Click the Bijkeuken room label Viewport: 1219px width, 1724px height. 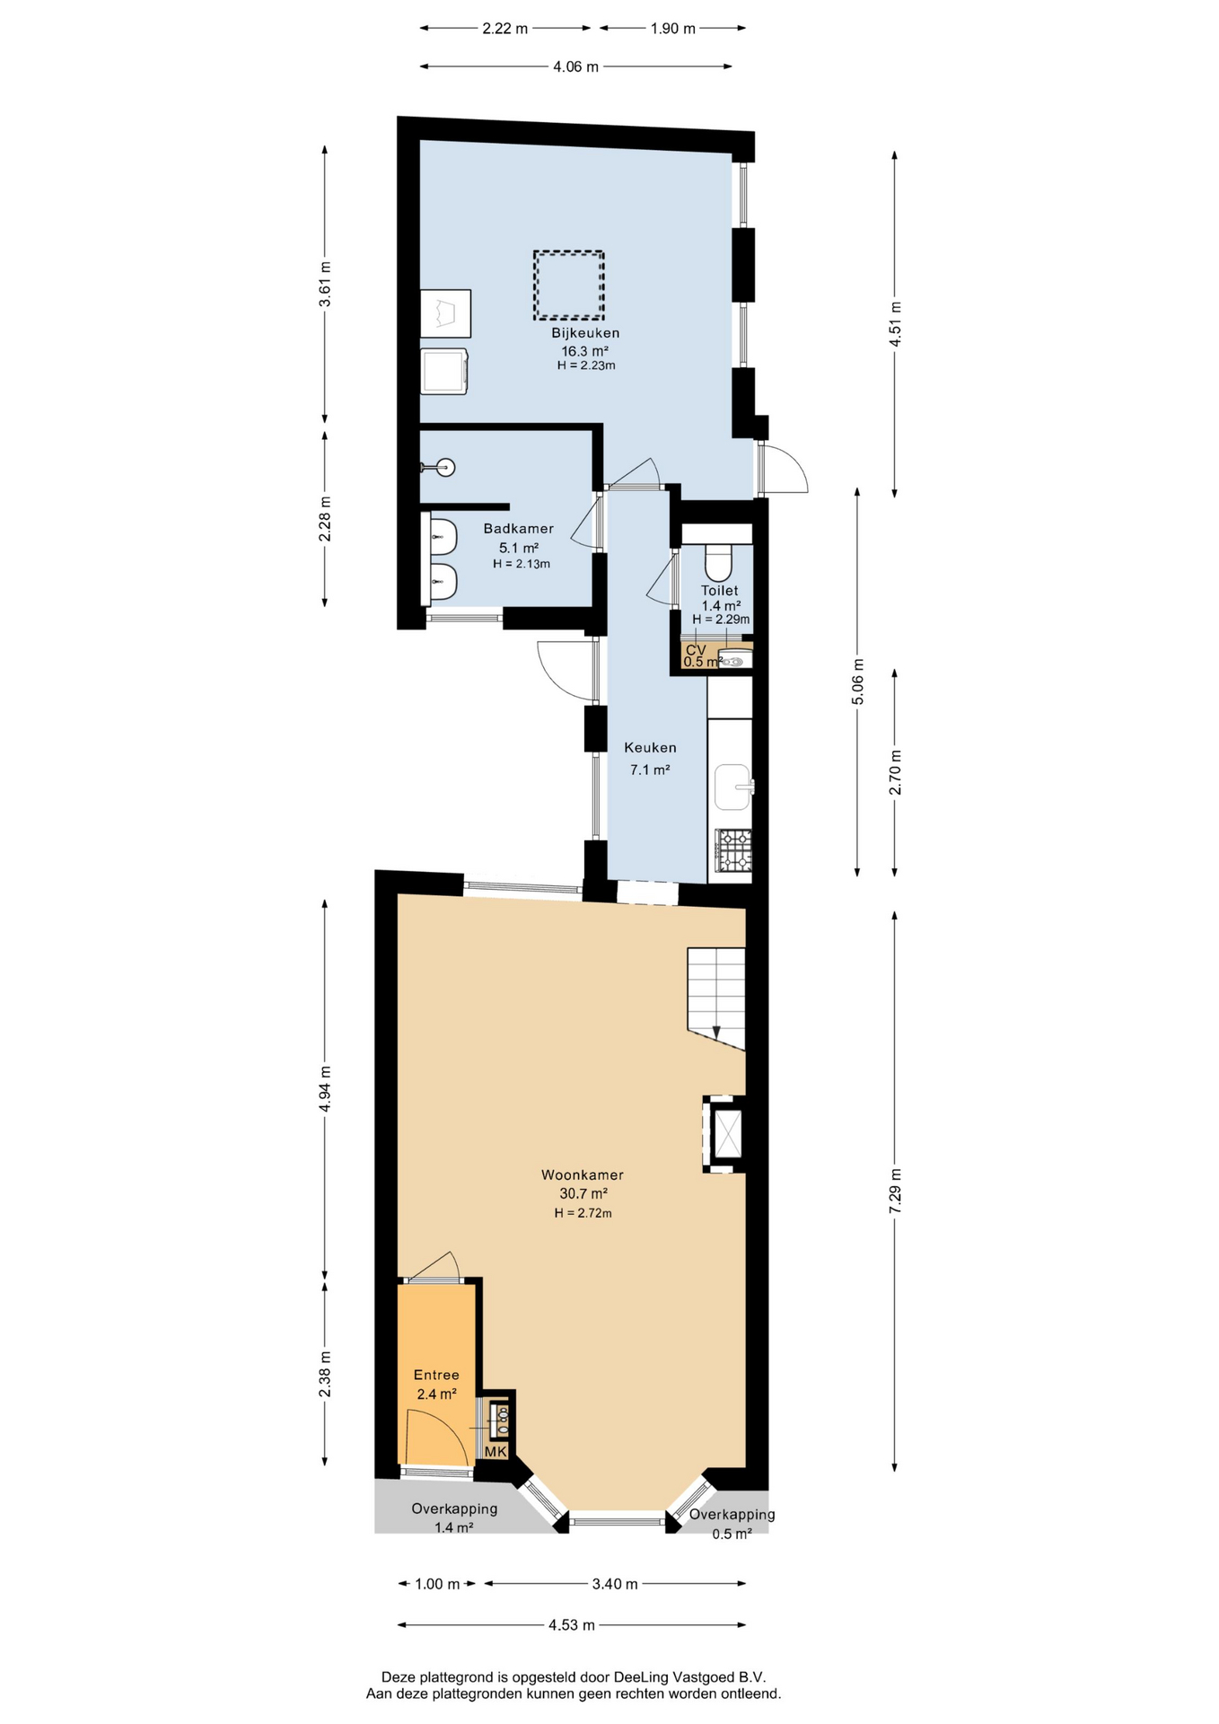pyautogui.click(x=585, y=333)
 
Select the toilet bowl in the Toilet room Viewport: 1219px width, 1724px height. pyautogui.click(x=718, y=562)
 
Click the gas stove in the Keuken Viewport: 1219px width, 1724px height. pyautogui.click(x=733, y=849)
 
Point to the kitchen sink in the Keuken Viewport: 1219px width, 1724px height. pyautogui.click(x=733, y=787)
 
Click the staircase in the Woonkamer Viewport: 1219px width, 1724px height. pyautogui.click(x=716, y=998)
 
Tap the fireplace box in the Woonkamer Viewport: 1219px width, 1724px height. pyautogui.click(x=724, y=1134)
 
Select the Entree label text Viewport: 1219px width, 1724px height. pyautogui.click(x=436, y=1375)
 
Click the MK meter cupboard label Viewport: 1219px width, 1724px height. pyautogui.click(x=496, y=1452)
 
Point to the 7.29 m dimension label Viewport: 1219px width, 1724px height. pyautogui.click(x=895, y=1192)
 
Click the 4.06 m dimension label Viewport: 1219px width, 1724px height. pyautogui.click(x=575, y=66)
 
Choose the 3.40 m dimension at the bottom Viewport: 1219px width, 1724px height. pyautogui.click(x=615, y=1584)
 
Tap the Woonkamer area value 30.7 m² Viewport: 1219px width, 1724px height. pyautogui.click(x=583, y=1193)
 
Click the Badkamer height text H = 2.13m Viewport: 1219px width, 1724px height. pyautogui.click(x=522, y=564)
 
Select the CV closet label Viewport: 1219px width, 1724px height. pyautogui.click(x=696, y=649)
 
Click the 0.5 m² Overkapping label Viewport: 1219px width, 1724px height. pyautogui.click(x=732, y=1535)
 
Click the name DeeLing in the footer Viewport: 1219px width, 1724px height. pyautogui.click(x=642, y=1676)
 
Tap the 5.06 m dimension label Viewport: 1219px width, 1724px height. pyautogui.click(x=858, y=682)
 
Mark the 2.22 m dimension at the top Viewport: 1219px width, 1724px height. pyautogui.click(x=504, y=28)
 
